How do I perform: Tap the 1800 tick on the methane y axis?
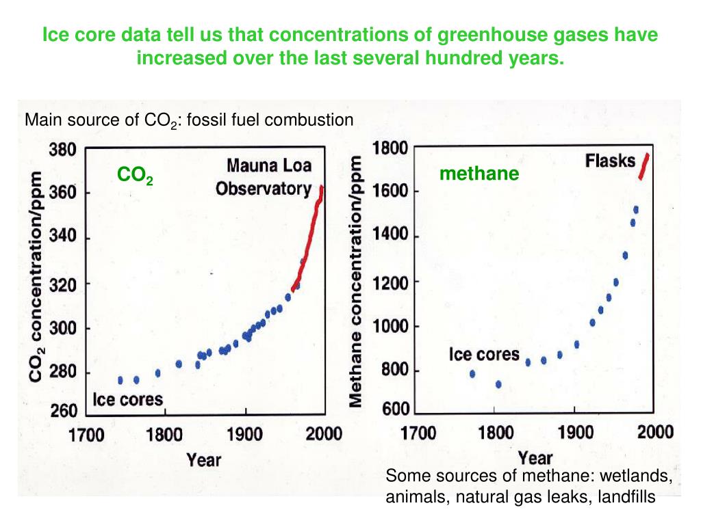(x=390, y=148)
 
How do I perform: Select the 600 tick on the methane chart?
(x=394, y=410)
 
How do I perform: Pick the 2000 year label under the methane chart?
(x=655, y=432)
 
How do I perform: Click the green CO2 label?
(x=135, y=176)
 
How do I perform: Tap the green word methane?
(x=479, y=174)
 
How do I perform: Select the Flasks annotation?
(x=610, y=161)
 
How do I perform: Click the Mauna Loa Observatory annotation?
(x=263, y=177)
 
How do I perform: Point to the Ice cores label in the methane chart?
(x=484, y=355)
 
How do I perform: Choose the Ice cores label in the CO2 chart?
(x=128, y=399)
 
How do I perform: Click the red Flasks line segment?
(x=643, y=166)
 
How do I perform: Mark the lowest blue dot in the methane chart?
(x=498, y=384)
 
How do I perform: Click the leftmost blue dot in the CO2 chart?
(x=120, y=380)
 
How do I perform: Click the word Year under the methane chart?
(x=535, y=456)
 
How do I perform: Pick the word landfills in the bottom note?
(x=626, y=498)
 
